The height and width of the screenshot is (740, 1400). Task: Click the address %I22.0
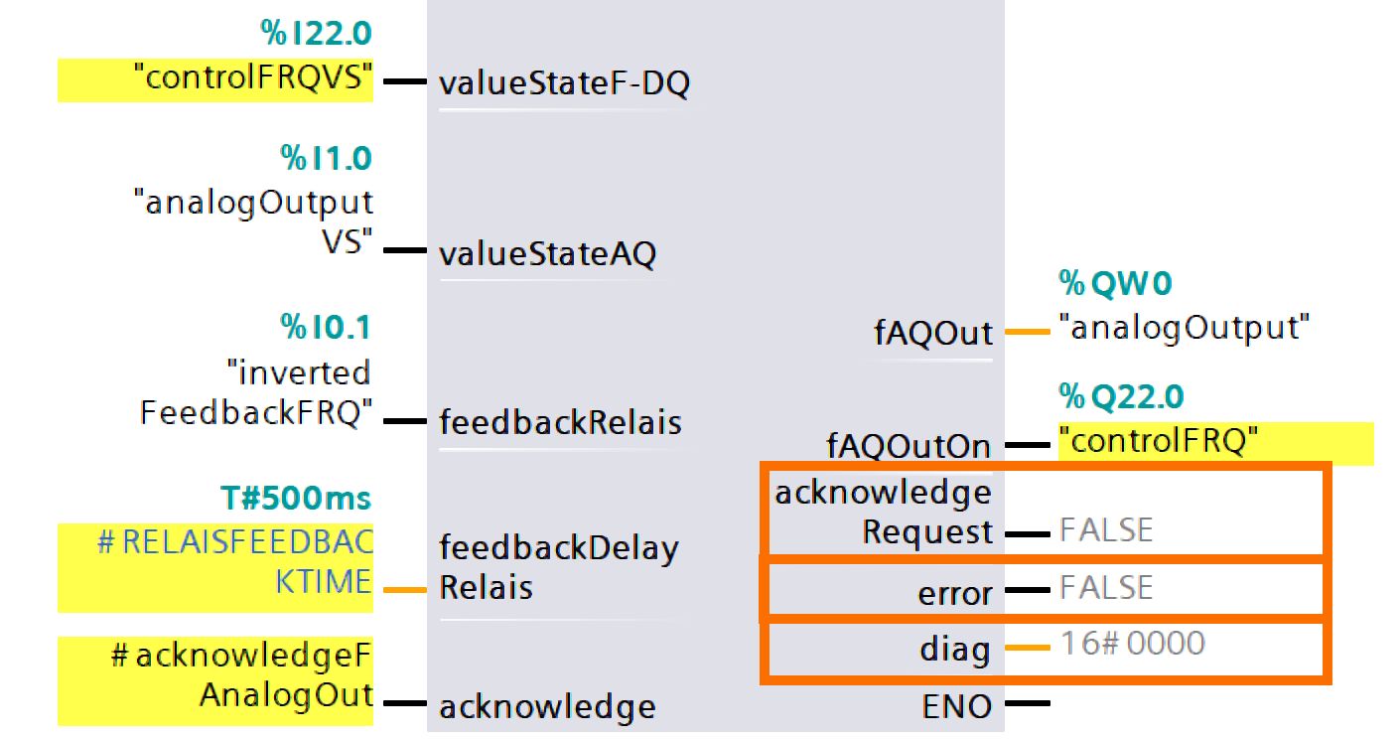pyautogui.click(x=317, y=35)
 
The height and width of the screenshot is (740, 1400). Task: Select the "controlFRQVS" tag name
pyautogui.click(x=253, y=79)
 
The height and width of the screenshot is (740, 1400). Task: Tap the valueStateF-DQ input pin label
pyautogui.click(x=563, y=85)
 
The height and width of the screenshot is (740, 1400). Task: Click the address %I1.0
pyautogui.click(x=326, y=159)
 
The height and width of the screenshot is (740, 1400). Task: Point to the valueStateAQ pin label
pyautogui.click(x=547, y=255)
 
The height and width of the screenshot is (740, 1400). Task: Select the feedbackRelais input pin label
pyautogui.click(x=560, y=423)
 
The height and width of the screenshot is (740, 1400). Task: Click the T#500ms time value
pyautogui.click(x=296, y=499)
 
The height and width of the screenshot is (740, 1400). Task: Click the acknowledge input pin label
pyautogui.click(x=547, y=707)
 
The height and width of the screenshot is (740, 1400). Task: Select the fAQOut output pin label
pyautogui.click(x=932, y=333)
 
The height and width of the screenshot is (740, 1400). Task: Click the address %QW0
pyautogui.click(x=1115, y=286)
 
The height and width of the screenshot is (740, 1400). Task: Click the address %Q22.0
pyautogui.click(x=1121, y=398)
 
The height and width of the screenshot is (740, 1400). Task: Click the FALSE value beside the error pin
pyautogui.click(x=1106, y=588)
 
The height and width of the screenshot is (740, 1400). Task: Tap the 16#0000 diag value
pyautogui.click(x=1132, y=644)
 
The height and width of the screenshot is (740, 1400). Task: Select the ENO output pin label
pyautogui.click(x=956, y=707)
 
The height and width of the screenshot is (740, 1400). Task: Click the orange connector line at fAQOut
pyautogui.click(x=1027, y=332)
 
